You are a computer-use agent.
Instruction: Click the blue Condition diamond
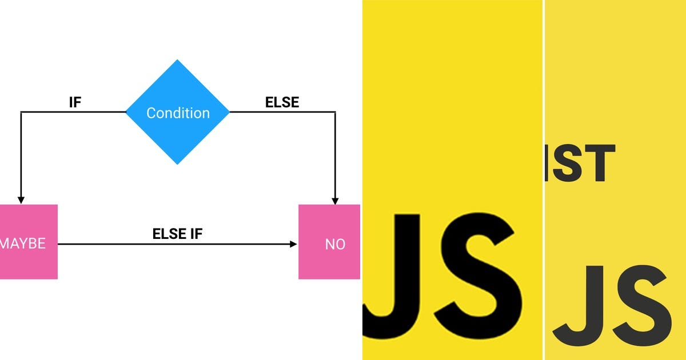177,112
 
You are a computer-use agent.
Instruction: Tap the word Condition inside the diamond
178,113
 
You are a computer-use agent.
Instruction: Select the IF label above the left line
75,102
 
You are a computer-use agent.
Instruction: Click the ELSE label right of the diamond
282,102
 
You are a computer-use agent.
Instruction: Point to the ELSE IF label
177,234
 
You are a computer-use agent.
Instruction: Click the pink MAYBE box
29,242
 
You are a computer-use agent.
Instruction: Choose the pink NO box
329,242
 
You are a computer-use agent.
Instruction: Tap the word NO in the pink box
335,244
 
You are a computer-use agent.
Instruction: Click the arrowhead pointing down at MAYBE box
21,200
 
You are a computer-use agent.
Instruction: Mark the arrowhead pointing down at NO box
335,200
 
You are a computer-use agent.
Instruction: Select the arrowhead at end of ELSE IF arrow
293,244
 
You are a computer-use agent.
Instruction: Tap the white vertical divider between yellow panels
543,180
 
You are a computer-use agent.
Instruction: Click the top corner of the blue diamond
177,61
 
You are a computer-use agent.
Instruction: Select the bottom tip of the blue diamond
177,164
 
